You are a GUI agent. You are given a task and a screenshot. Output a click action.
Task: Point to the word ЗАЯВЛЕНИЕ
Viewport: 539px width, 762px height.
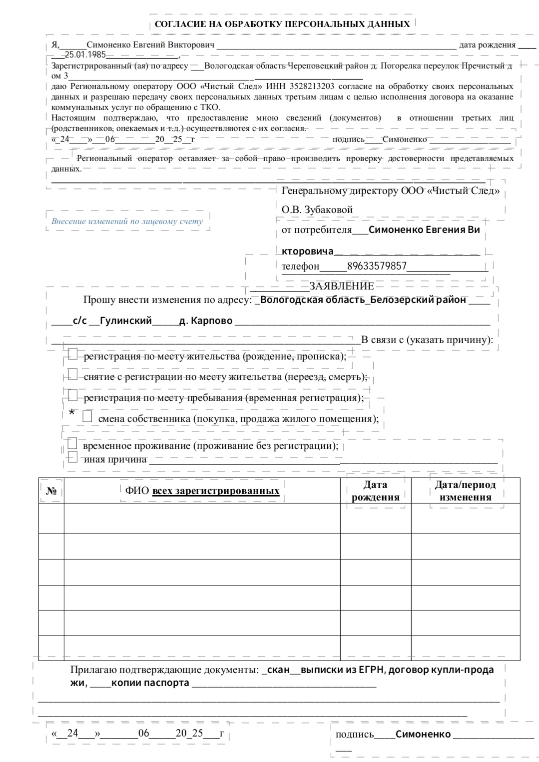coord(342,286)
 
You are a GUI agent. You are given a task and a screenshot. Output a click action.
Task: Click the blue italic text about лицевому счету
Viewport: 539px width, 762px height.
coord(127,221)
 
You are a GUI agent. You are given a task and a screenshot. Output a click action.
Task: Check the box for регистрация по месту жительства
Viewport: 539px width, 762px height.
coord(73,354)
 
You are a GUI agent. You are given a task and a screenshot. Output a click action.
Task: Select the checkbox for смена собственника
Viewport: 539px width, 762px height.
coord(87,416)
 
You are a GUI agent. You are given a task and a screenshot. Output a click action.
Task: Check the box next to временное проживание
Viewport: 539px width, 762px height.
coord(72,443)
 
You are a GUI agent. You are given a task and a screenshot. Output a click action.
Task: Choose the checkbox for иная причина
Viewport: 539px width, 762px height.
coord(72,456)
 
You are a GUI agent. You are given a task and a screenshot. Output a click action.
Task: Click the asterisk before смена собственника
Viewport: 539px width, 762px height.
coord(72,413)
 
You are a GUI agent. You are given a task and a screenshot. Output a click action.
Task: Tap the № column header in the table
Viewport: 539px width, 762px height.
coord(51,490)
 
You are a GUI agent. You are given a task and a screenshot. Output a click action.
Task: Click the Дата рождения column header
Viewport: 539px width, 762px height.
coord(375,490)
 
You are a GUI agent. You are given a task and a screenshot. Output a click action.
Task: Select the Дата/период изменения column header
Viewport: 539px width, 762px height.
coord(465,490)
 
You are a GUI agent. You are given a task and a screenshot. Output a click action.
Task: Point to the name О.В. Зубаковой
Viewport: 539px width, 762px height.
coord(317,209)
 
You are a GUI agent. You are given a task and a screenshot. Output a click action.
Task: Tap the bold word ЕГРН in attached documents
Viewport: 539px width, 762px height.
coord(371,669)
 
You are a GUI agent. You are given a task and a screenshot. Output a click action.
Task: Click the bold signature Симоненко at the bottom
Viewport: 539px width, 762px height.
coord(423,734)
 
